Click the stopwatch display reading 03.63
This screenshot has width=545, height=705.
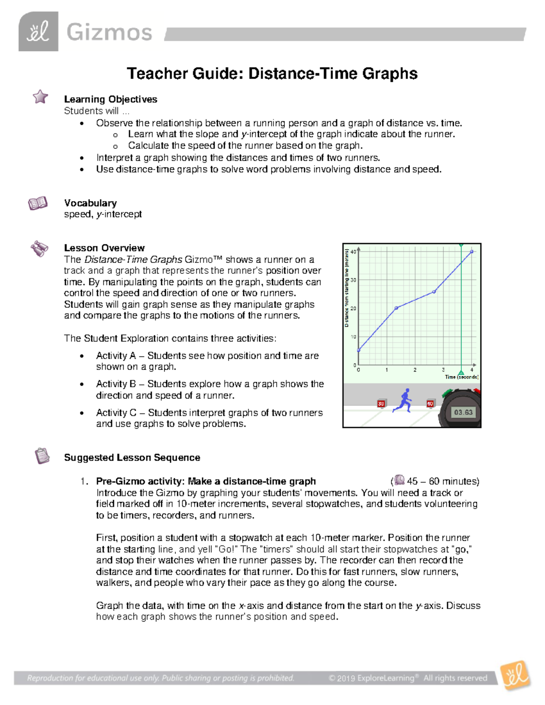[x=463, y=412]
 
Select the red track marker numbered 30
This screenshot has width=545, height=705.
[x=381, y=404]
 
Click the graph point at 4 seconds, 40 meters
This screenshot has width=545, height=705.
[x=472, y=251]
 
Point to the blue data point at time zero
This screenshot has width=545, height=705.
[x=359, y=350]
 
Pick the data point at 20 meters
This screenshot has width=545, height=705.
[x=396, y=308]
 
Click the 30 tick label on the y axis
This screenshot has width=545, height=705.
[x=353, y=280]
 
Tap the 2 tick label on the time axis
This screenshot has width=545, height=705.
[x=415, y=370]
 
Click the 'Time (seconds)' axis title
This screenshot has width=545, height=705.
[x=461, y=377]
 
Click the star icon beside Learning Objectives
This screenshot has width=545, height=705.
[x=40, y=96]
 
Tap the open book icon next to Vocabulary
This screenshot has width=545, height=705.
[x=38, y=203]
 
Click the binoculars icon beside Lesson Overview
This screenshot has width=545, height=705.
[x=40, y=248]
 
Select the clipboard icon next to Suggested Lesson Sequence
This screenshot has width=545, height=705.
[x=42, y=455]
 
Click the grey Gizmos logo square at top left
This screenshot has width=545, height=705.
[x=38, y=32]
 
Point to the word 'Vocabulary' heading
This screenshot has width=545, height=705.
[x=90, y=203]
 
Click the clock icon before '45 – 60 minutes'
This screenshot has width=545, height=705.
[x=399, y=480]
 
